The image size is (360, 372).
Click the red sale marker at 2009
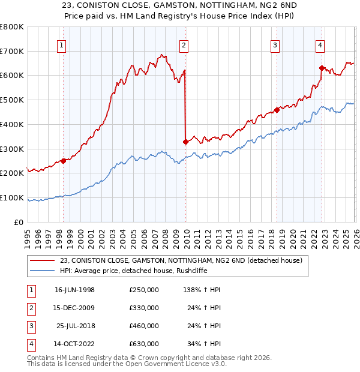[x=185, y=142]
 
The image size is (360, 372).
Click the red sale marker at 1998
[x=63, y=161]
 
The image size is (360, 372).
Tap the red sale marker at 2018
[x=277, y=110]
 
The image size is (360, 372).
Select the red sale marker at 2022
[x=322, y=68]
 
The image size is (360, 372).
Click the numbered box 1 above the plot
[x=62, y=44]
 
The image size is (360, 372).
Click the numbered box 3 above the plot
[x=275, y=44]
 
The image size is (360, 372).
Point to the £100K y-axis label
[x=12, y=197]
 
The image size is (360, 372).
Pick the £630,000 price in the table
[x=144, y=344]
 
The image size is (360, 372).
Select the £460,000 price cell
[x=144, y=326]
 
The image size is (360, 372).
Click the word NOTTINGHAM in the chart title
[x=180, y=5]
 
